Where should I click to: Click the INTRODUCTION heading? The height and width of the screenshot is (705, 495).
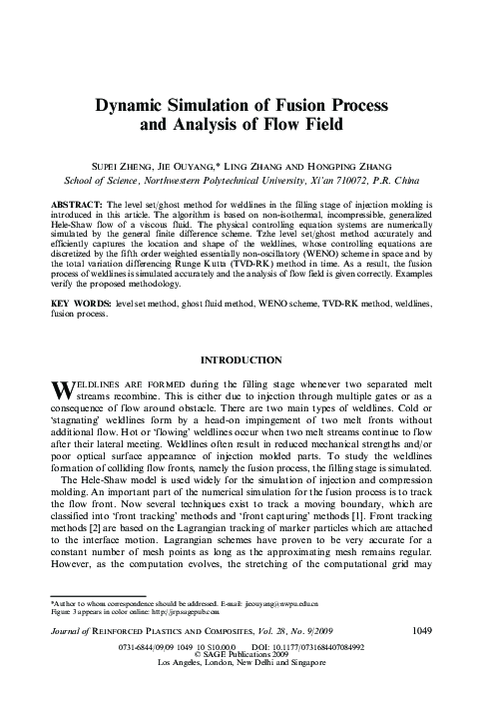247,358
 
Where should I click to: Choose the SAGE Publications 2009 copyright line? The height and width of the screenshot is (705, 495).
247,683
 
